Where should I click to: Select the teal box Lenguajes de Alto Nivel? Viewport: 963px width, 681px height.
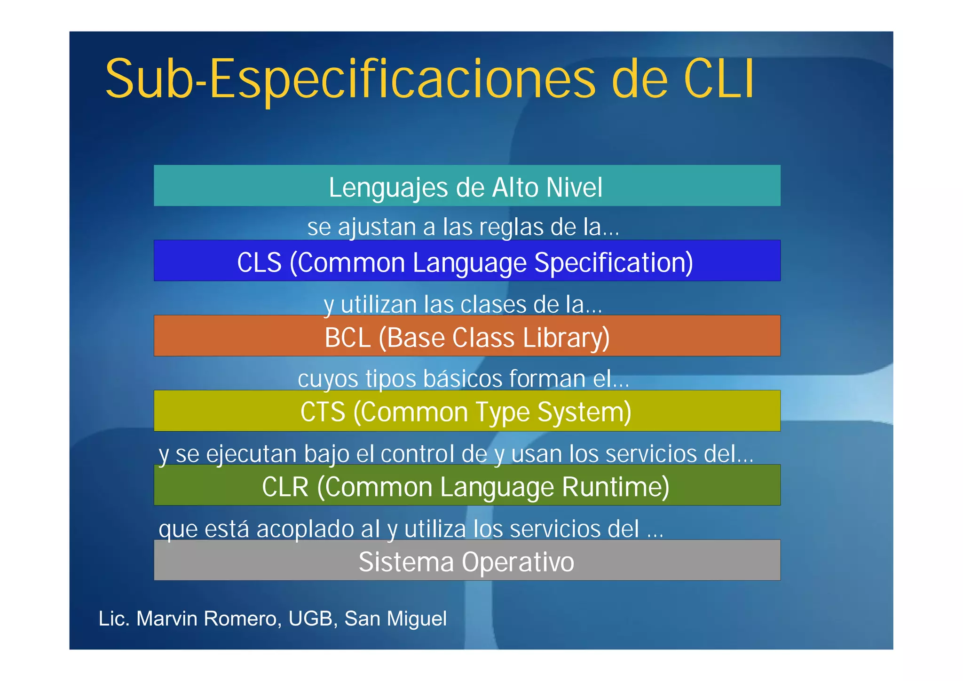point(466,186)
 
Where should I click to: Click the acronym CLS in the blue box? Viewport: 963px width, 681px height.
point(259,262)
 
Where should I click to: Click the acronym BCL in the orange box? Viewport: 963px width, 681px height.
point(347,338)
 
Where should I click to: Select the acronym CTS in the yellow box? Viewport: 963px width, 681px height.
point(323,412)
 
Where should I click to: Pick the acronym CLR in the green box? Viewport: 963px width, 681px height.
point(285,487)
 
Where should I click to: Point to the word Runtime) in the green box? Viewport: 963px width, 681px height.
point(616,487)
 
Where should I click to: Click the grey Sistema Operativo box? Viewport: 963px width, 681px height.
point(466,561)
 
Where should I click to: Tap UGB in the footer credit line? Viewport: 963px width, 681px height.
point(311,618)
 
